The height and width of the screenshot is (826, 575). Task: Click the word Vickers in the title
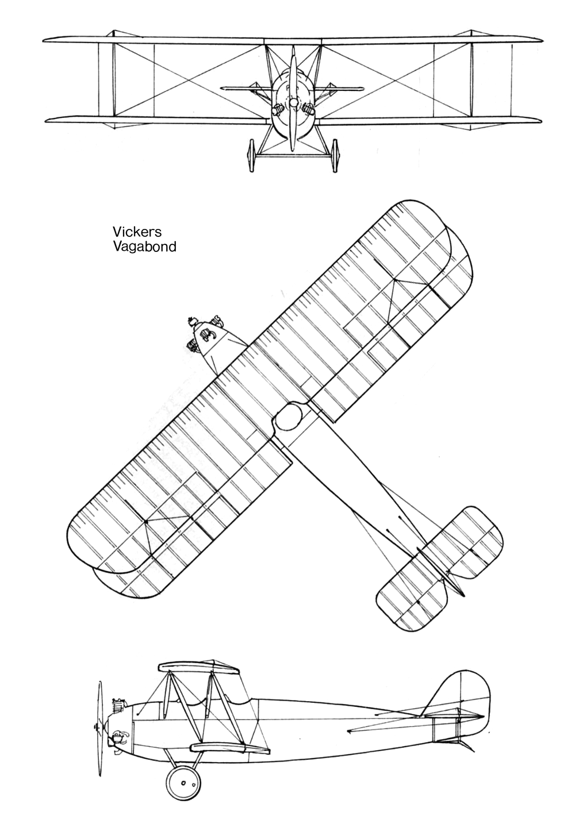point(137,232)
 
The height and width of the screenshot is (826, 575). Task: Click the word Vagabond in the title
point(144,246)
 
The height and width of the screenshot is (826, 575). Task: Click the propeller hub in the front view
point(293,103)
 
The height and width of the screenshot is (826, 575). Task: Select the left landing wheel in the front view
point(252,155)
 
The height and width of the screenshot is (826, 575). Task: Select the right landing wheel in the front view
point(335,155)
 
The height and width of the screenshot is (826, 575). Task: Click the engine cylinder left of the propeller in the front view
point(277,109)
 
